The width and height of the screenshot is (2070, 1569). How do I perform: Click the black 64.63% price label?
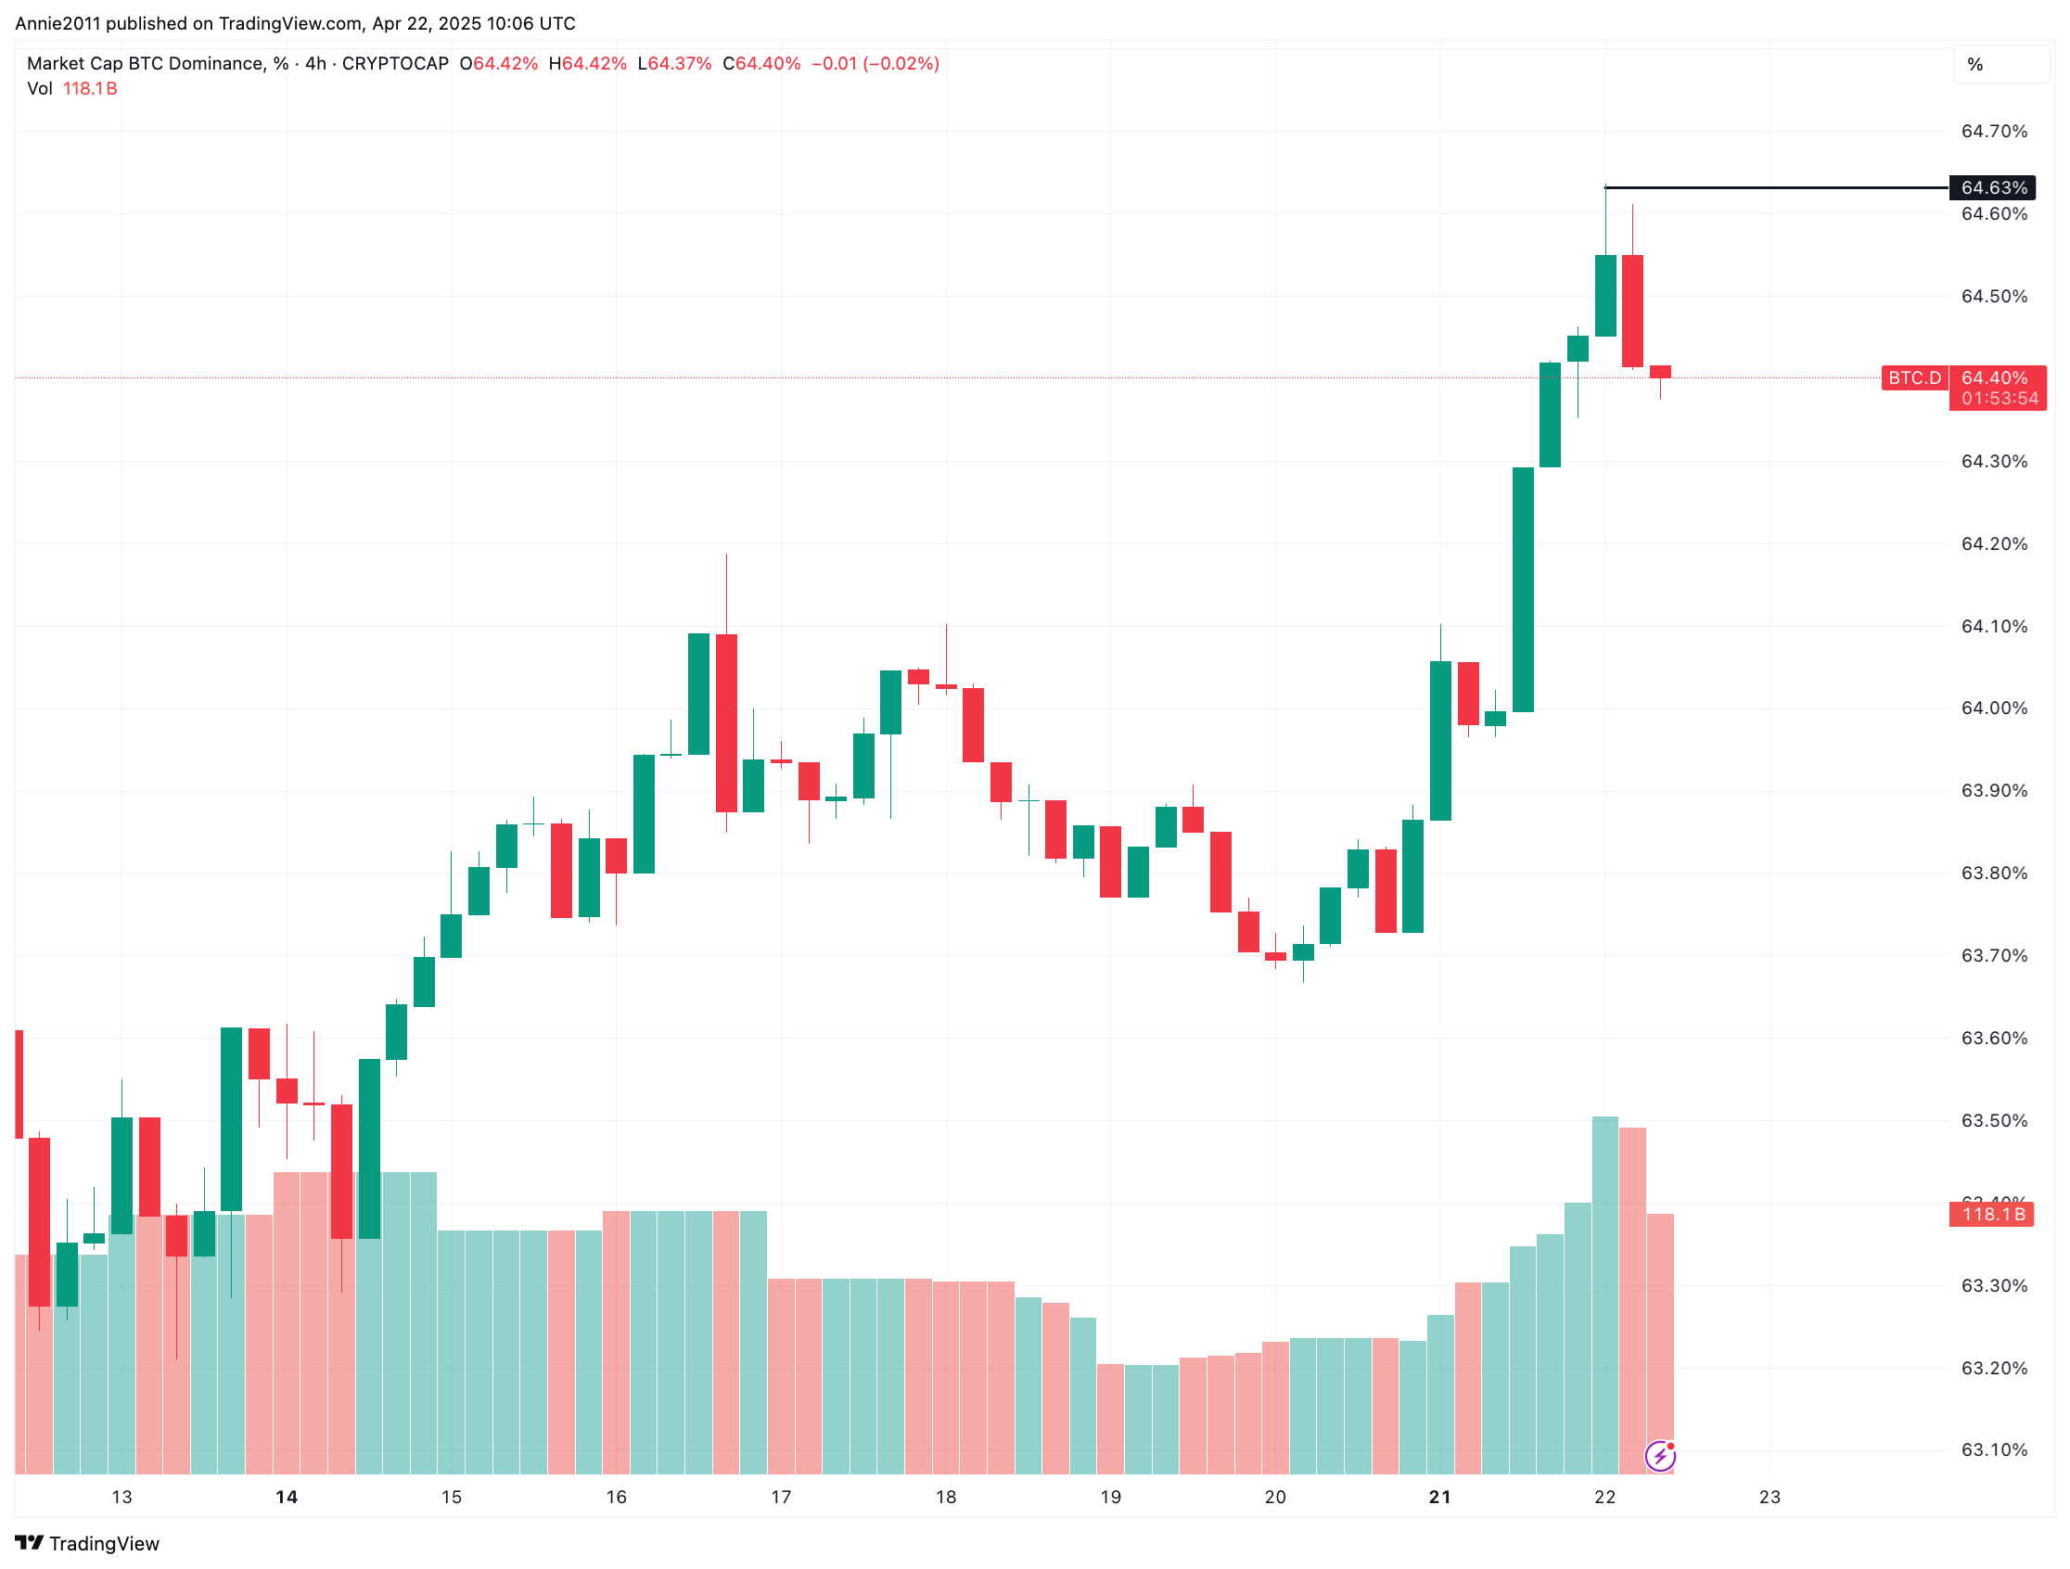pos(1993,188)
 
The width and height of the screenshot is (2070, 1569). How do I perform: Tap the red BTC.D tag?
pos(1913,378)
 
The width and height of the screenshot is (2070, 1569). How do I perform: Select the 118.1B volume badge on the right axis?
pos(1992,1215)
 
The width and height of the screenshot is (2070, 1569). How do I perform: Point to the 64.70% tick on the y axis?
pos(1993,132)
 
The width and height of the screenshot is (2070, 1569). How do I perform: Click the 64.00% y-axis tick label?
pos(1993,708)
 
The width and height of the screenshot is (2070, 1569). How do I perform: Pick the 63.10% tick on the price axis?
pos(1993,1450)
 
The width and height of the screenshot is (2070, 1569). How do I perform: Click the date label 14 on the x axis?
pos(287,1497)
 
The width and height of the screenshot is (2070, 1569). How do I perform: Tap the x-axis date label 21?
pos(1439,1497)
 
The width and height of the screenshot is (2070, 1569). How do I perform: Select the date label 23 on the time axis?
pos(1769,1497)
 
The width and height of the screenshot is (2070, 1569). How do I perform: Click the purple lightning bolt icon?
pos(1660,1456)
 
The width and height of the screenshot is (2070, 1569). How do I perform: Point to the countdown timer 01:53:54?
pos(2000,399)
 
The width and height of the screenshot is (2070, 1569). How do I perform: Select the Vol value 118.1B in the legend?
pos(90,89)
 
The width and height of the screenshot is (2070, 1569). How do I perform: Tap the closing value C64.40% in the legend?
pos(761,64)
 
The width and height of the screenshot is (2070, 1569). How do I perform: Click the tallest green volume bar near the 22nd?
pos(1605,1291)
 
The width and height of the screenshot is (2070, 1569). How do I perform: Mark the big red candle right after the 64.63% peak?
pos(1632,311)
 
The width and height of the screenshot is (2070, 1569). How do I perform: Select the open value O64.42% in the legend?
pos(499,64)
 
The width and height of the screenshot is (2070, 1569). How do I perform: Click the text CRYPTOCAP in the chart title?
pos(395,64)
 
